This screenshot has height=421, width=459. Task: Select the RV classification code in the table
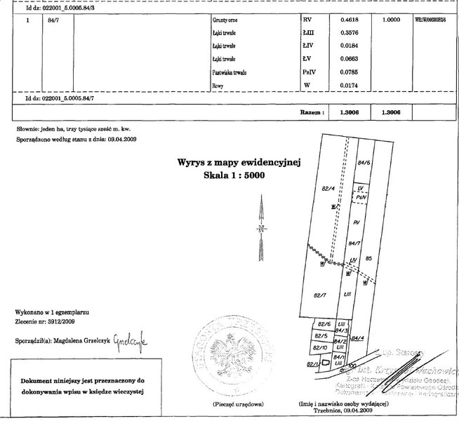pyautogui.click(x=305, y=21)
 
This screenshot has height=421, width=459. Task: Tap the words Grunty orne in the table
pyautogui.click(x=225, y=22)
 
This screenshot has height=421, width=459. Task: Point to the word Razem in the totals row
pyautogui.click(x=312, y=111)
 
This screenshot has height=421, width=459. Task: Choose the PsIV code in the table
pyautogui.click(x=308, y=72)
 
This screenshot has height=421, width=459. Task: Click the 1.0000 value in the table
pyautogui.click(x=391, y=21)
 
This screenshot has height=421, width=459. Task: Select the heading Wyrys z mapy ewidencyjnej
pyautogui.click(x=239, y=163)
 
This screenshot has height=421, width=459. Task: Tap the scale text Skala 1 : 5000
pyautogui.click(x=233, y=176)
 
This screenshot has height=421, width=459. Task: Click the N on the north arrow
pyautogui.click(x=261, y=229)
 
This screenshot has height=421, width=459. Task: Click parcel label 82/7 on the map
pyautogui.click(x=321, y=295)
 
